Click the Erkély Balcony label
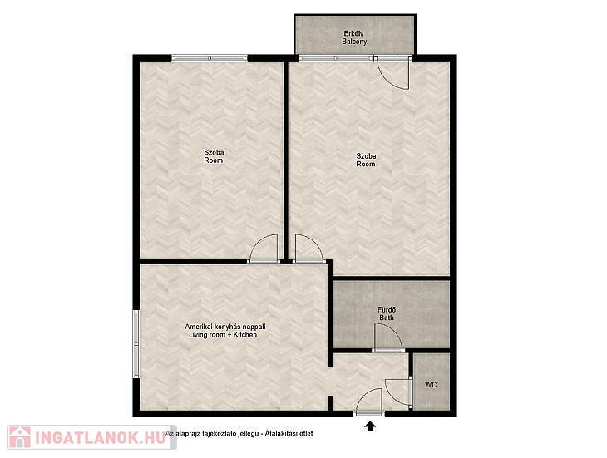[x=354, y=37]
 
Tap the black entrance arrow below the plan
[x=371, y=426]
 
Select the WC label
[x=431, y=385]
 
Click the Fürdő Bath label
[x=387, y=313]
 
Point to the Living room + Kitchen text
[x=223, y=335]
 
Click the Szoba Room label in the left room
[x=214, y=156]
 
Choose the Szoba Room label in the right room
[x=366, y=160]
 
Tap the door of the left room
[x=264, y=249]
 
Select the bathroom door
[x=388, y=337]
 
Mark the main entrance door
[x=369, y=402]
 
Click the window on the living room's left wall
[x=136, y=344]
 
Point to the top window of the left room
[x=210, y=58]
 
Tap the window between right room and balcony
[x=336, y=58]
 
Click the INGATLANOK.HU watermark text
[x=101, y=438]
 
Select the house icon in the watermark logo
[x=20, y=437]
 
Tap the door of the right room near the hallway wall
[x=308, y=249]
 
